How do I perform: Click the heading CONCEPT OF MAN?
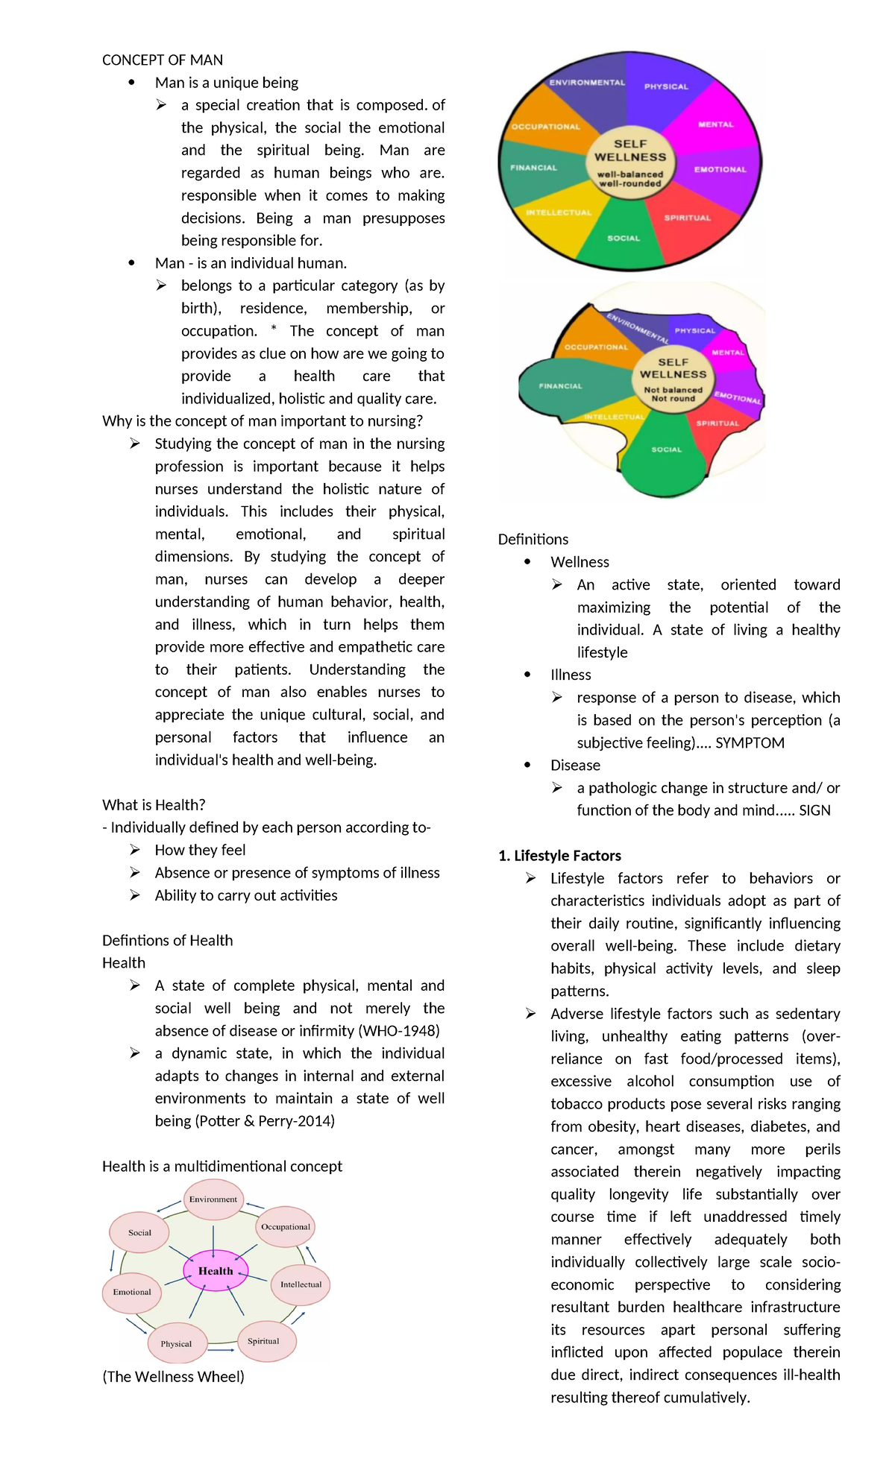pos(162,60)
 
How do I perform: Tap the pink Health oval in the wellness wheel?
pos(216,1270)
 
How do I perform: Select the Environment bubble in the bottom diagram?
pos(213,1199)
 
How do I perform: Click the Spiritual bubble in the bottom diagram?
pos(264,1340)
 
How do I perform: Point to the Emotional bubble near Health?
pos(132,1292)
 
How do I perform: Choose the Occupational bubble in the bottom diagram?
pos(286,1226)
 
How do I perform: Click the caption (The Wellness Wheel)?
pos(173,1376)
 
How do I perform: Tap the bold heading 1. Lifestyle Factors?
pos(559,855)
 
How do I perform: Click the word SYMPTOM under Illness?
pos(750,742)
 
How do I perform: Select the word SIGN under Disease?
pos(814,810)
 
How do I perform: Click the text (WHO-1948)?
pos(399,1030)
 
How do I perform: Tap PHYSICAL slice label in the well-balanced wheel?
pos(666,86)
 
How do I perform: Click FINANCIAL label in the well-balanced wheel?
pos(533,168)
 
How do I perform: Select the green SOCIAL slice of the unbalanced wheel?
pos(665,455)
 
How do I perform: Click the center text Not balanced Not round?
pos(673,394)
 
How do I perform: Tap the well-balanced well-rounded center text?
pos(630,179)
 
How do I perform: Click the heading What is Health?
pos(154,804)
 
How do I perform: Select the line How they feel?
pos(200,850)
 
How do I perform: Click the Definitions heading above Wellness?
pos(533,539)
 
